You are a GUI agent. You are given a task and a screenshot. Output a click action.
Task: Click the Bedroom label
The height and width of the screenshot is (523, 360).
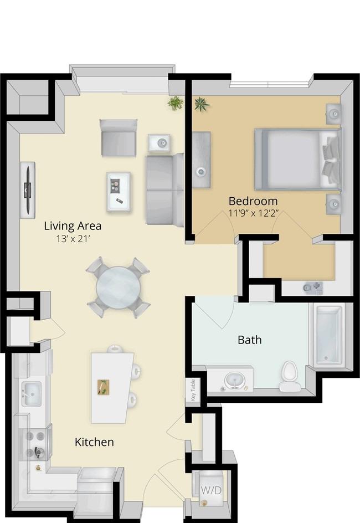[253, 201]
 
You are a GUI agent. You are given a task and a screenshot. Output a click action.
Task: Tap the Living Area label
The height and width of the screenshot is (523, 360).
[73, 226]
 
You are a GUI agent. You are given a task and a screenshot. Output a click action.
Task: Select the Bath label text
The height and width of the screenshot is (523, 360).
[249, 340]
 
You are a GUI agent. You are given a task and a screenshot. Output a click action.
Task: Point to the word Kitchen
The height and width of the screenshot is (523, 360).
[94, 442]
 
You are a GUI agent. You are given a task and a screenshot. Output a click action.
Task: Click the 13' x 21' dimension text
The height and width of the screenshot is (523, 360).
[73, 239]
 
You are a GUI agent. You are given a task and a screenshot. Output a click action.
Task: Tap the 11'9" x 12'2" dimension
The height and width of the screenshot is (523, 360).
[253, 213]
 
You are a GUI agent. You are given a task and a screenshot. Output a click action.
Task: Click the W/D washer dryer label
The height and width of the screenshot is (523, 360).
[212, 490]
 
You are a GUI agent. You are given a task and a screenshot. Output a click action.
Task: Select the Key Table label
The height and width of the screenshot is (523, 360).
[193, 390]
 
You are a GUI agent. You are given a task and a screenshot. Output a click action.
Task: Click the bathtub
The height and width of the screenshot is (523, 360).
[329, 335]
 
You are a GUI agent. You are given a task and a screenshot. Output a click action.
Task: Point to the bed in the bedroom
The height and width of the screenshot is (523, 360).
[298, 160]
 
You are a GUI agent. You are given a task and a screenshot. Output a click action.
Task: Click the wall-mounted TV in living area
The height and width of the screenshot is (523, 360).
[28, 190]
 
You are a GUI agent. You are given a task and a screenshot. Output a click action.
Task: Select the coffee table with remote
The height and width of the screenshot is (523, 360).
[119, 192]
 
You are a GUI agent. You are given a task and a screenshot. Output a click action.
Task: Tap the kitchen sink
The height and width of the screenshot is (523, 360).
[32, 393]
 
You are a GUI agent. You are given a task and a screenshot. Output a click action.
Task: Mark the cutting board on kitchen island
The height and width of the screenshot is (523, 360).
[104, 387]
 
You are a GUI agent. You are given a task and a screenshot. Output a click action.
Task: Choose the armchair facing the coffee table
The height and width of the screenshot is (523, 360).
[119, 138]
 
